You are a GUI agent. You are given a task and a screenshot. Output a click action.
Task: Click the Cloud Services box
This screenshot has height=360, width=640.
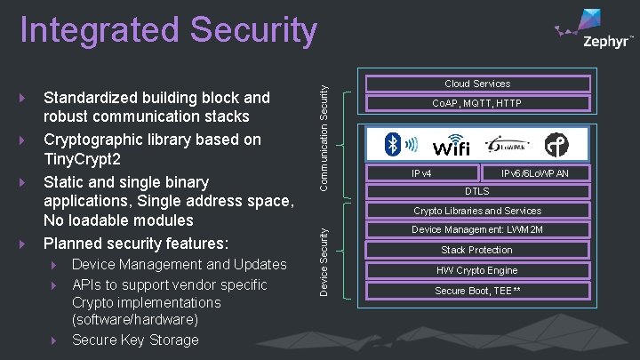pyautogui.click(x=477, y=84)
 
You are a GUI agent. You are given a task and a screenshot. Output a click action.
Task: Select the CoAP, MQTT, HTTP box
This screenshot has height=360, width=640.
pyautogui.click(x=477, y=104)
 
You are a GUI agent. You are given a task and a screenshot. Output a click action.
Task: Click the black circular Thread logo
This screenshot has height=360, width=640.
pyautogui.click(x=557, y=144)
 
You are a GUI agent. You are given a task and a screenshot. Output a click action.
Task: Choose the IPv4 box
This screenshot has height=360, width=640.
pyautogui.click(x=421, y=173)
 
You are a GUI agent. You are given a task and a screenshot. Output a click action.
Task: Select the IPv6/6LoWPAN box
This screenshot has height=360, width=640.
pyautogui.click(x=535, y=173)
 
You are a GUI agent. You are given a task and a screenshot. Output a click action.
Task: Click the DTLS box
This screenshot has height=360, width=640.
pyautogui.click(x=477, y=191)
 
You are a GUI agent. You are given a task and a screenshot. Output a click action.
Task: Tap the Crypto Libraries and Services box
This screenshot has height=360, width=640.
pyautogui.click(x=477, y=212)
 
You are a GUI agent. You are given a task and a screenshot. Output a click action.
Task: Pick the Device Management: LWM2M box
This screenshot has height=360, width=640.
pyautogui.click(x=477, y=230)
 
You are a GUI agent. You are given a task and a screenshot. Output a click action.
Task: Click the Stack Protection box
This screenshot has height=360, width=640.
pyautogui.click(x=477, y=250)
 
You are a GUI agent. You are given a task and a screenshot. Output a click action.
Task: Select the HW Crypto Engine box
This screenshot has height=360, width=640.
pyautogui.click(x=477, y=270)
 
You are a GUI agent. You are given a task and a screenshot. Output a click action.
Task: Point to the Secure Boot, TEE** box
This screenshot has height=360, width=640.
pyautogui.click(x=477, y=291)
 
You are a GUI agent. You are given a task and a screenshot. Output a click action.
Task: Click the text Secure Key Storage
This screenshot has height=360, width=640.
pyautogui.click(x=135, y=340)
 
